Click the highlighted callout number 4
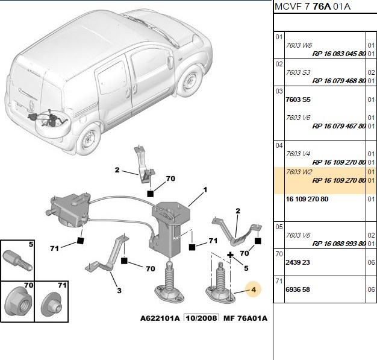pyautogui.click(x=254, y=289)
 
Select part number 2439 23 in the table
pyautogui.click(x=298, y=262)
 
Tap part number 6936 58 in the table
pyautogui.click(x=298, y=289)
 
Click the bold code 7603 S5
pyautogui.click(x=298, y=99)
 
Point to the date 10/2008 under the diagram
pyautogui.click(x=202, y=318)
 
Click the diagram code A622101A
pyautogui.click(x=160, y=318)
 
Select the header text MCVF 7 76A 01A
pyautogui.click(x=313, y=7)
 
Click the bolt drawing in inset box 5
pyautogui.click(x=17, y=261)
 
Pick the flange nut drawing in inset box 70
pyautogui.click(x=19, y=301)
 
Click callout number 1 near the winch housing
pyautogui.click(x=205, y=190)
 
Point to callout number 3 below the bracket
pyautogui.click(x=119, y=291)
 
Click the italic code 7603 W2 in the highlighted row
pyautogui.click(x=299, y=172)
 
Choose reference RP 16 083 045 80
pyautogui.click(x=339, y=54)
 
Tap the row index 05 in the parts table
pyautogui.click(x=279, y=227)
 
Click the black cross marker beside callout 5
pyautogui.click(x=230, y=254)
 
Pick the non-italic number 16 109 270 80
pyautogui.click(x=307, y=199)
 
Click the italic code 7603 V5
pyautogui.click(x=298, y=235)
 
